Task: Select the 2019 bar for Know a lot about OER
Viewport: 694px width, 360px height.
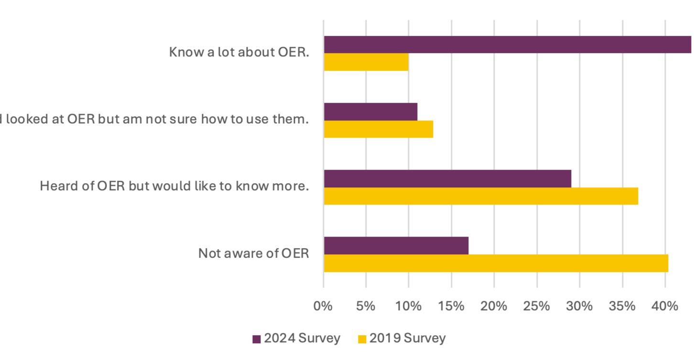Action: click(x=366, y=62)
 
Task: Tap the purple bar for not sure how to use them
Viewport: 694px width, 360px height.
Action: click(x=370, y=111)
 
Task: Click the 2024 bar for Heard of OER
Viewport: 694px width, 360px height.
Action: click(x=447, y=178)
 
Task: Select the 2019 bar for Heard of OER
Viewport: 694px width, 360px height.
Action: click(x=481, y=196)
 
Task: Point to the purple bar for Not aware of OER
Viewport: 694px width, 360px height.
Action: click(x=396, y=245)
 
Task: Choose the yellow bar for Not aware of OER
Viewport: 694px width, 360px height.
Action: click(x=496, y=263)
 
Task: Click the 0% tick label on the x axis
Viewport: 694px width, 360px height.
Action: click(x=323, y=306)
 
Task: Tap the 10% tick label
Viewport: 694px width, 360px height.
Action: click(x=408, y=306)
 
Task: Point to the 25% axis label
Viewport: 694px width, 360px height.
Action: click(x=536, y=306)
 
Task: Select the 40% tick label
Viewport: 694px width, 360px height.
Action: click(x=665, y=306)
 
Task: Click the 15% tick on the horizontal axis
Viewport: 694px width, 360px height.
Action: click(x=451, y=306)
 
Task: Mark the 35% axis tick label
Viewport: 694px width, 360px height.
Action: click(x=622, y=306)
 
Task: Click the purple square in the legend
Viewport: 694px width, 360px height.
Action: click(x=257, y=339)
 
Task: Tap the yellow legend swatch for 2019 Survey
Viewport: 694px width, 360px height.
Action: click(x=362, y=339)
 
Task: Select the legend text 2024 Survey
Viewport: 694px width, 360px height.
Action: click(x=302, y=338)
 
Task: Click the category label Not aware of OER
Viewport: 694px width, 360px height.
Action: click(x=253, y=253)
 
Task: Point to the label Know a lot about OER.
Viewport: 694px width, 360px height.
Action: click(x=239, y=52)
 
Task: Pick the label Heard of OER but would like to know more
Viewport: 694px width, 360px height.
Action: click(x=174, y=185)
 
